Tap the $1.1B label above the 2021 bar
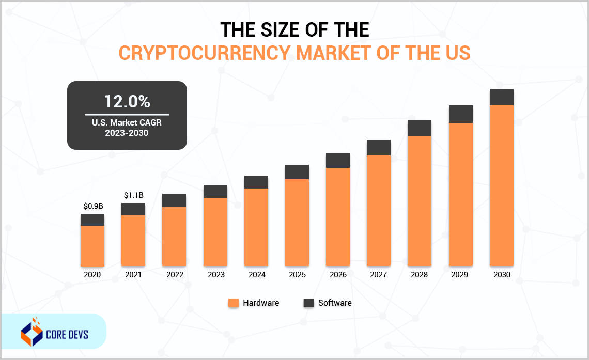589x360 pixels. pos(133,195)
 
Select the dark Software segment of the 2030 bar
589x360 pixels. pos(501,97)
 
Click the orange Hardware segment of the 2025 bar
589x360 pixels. pos(297,222)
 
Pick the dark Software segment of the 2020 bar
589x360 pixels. pos(92,220)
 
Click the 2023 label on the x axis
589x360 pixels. pos(216,275)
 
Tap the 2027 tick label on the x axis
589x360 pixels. pos(379,275)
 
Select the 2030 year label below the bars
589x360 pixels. pos(501,275)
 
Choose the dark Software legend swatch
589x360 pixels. pos(309,303)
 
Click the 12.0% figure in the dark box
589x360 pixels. pos(127,101)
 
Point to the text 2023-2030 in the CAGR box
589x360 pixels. pos(127,133)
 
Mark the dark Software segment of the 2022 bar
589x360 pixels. pos(174,200)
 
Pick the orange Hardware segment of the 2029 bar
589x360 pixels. pos(460,194)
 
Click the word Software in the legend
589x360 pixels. pos(335,303)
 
